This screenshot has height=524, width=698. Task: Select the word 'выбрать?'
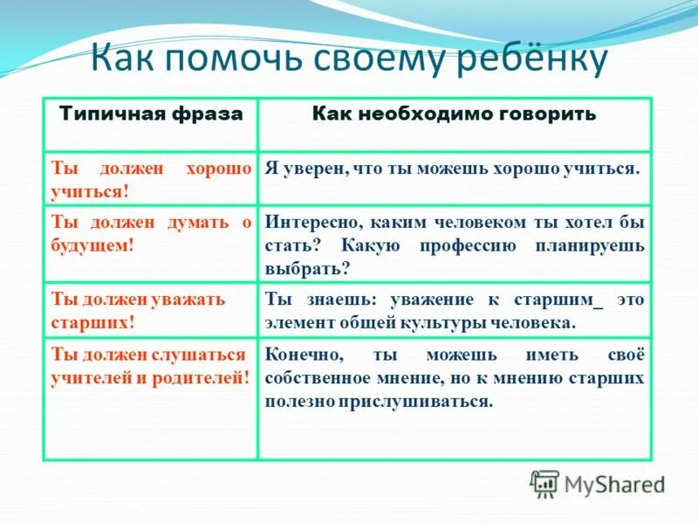[306, 268]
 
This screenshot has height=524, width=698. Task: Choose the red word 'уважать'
[185, 299]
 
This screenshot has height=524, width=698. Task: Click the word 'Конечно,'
[305, 355]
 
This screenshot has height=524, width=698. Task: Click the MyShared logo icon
[544, 483]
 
